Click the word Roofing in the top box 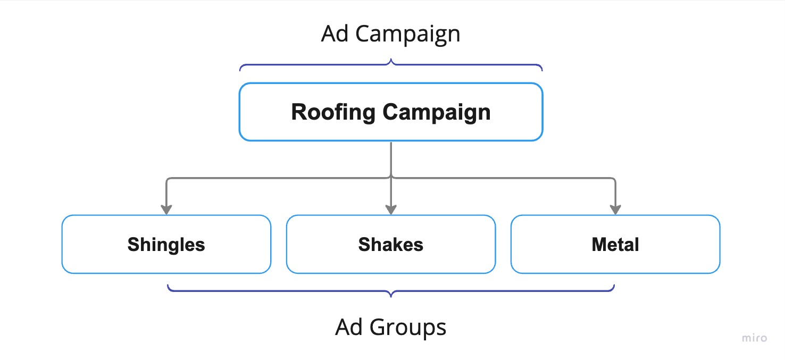[333, 113]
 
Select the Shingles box [166, 245]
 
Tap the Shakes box [391, 245]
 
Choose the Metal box [615, 245]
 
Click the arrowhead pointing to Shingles [166, 210]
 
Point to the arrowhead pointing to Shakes [391, 210]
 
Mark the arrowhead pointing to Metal [615, 210]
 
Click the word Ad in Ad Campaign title [335, 34]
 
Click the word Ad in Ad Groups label [349, 326]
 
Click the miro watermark [755, 338]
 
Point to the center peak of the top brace [391, 62]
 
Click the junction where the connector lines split [391, 178]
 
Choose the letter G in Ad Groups [379, 326]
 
